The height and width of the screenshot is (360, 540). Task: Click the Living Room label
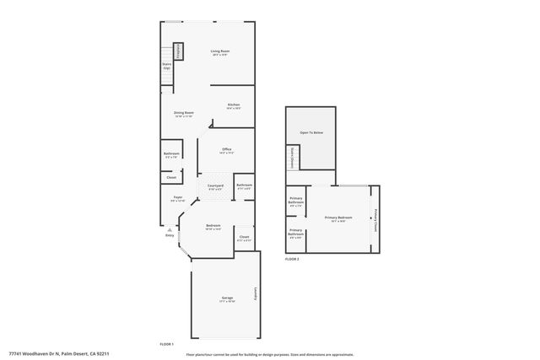(220, 51)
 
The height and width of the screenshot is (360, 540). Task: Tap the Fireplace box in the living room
(179, 51)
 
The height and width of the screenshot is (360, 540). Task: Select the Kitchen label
(234, 105)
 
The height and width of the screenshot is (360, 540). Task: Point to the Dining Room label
(184, 113)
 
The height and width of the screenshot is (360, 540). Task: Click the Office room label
(226, 149)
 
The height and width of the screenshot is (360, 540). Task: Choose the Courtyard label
(215, 185)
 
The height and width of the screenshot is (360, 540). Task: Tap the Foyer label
(177, 197)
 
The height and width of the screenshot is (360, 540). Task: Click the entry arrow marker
(170, 228)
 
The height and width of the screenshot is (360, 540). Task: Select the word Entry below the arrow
(170, 235)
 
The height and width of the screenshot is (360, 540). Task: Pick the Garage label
(226, 298)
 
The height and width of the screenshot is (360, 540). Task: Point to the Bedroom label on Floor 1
(213, 225)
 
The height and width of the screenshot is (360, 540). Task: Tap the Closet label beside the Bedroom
(244, 238)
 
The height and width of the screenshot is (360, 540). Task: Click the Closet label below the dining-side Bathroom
(171, 177)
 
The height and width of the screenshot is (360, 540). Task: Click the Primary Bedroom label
(338, 218)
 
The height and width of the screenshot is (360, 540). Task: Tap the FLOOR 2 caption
(292, 259)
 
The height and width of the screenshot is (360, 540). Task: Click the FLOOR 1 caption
(167, 345)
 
